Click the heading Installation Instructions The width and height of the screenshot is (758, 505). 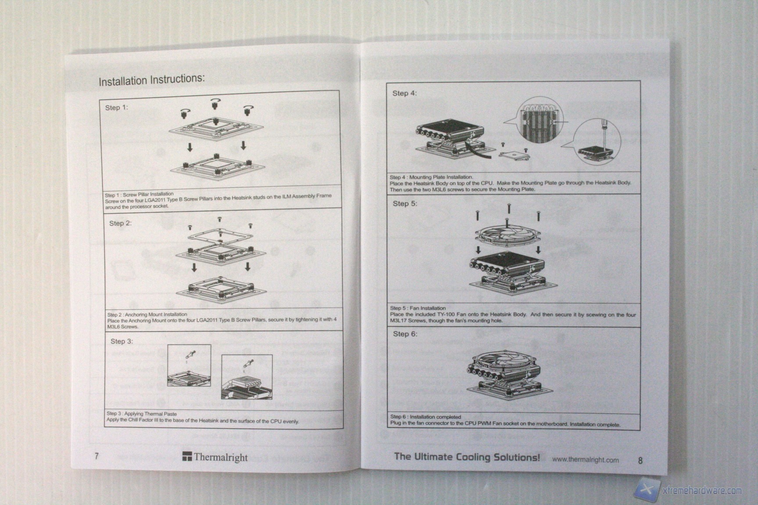(151, 80)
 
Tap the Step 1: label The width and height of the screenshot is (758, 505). (116, 107)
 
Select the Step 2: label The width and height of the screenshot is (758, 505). (120, 223)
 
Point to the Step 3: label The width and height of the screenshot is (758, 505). (122, 341)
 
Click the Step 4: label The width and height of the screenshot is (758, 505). (404, 93)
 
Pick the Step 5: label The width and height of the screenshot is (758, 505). (405, 203)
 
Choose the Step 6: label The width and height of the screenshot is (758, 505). (405, 334)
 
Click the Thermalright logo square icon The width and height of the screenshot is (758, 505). (187, 457)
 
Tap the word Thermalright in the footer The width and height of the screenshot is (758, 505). (221, 457)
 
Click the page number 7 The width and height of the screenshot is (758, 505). (97, 456)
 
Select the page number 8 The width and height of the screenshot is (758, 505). (640, 460)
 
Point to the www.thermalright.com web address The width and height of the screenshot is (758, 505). (585, 460)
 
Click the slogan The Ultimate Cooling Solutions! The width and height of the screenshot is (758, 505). (467, 457)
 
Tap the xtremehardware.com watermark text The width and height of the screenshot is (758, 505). (702, 491)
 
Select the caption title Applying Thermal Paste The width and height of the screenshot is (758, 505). (150, 413)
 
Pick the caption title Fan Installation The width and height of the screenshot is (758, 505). (427, 308)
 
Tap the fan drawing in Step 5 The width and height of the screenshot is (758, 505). (508, 235)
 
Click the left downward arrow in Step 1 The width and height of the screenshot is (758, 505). (189, 147)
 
